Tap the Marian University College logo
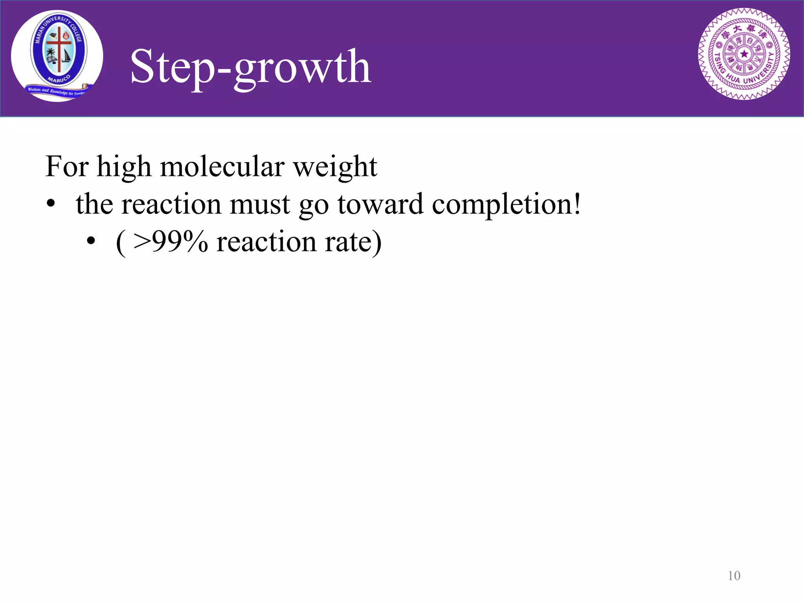coord(57,56)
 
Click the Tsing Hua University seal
coord(744,54)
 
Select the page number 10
coord(734,576)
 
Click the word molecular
coord(222,166)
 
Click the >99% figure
coord(170,241)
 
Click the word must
coord(259,204)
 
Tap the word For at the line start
coord(67,166)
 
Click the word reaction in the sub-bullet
coord(266,242)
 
